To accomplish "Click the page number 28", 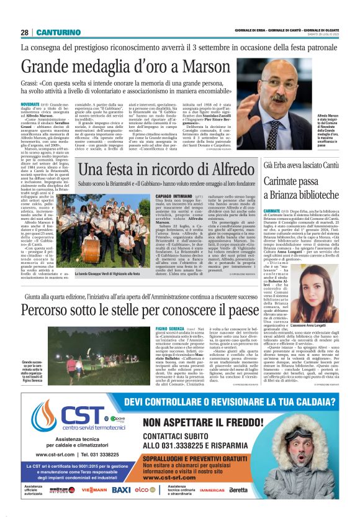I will (24, 32).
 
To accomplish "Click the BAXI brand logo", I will (121, 490).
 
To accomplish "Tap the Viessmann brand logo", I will (93, 490).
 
